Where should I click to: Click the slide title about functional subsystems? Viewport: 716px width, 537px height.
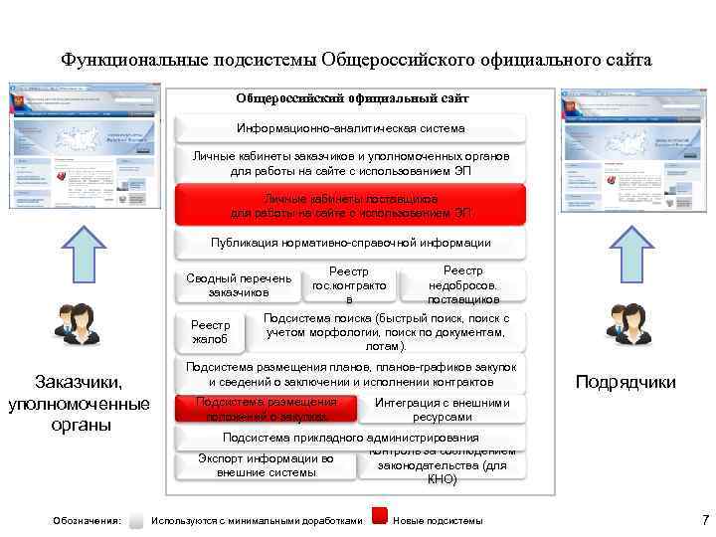[356, 60]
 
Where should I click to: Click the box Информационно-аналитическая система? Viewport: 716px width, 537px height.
[350, 128]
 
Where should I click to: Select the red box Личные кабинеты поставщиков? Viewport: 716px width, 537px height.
[350, 206]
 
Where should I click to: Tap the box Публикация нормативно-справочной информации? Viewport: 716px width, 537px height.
[350, 243]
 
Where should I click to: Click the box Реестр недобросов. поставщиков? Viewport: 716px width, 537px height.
[463, 284]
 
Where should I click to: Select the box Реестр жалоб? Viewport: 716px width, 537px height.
[210, 332]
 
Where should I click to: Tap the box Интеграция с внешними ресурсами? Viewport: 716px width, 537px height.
[443, 409]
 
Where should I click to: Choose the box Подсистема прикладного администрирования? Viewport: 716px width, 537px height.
[350, 438]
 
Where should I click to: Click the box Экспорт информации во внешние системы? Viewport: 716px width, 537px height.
[266, 465]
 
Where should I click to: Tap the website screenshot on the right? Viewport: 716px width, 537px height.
[632, 147]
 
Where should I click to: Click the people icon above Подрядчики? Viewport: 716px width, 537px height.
[627, 325]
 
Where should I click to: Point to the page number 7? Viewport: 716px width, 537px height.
[704, 518]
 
